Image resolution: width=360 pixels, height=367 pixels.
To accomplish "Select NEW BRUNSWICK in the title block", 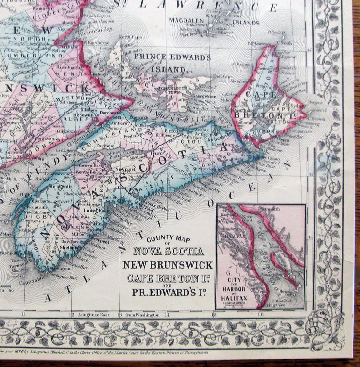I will (x=168, y=265).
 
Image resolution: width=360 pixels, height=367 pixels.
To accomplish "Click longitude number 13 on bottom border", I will (x=120, y=314).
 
